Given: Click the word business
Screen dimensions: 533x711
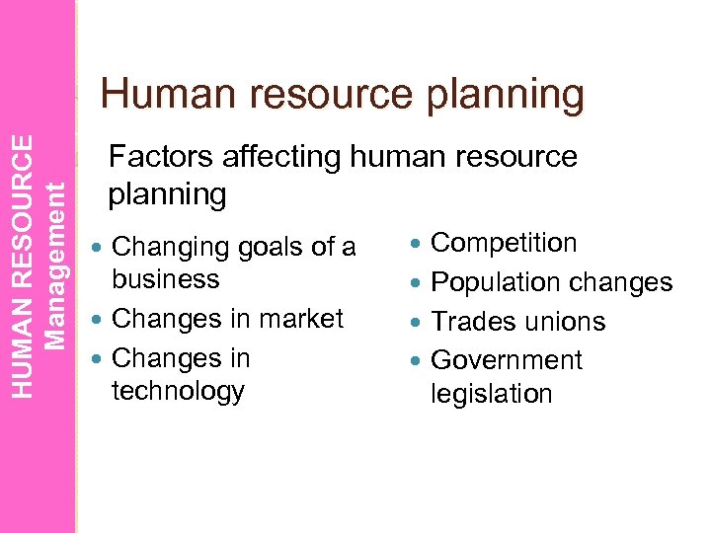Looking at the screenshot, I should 166,279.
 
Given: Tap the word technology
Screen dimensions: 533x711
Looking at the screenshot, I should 179,391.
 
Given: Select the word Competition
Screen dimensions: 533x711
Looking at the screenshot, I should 505,243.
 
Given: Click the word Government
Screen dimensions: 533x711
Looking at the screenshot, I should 508,360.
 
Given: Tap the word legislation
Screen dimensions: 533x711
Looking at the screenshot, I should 492,394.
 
